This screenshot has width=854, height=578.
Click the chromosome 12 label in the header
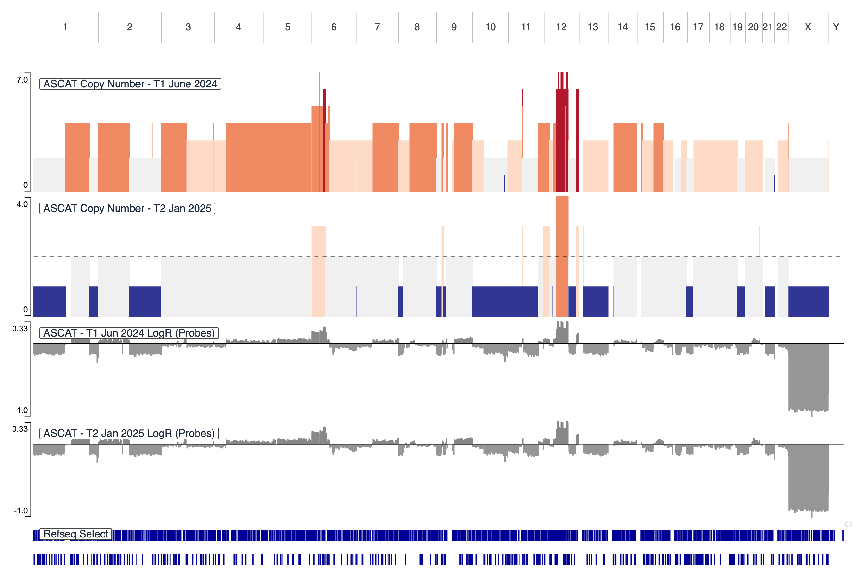pos(561,27)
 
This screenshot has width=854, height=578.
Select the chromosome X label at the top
pos(807,27)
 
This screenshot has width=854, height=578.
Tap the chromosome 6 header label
pos(334,27)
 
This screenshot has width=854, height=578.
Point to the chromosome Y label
pos(836,27)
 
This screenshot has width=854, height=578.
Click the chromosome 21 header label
pos(767,27)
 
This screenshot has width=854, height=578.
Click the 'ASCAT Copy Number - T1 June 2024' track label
pos(130,84)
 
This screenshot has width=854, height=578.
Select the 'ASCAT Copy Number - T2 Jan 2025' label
pos(127,208)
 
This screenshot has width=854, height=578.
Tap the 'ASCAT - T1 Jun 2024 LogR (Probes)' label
pos(129,333)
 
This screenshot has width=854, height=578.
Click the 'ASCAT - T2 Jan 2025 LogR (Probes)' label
pos(129,433)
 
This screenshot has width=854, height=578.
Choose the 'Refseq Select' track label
pos(76,534)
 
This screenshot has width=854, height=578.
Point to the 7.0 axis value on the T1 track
pos(22,80)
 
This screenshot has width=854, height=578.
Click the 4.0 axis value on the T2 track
pos(22,204)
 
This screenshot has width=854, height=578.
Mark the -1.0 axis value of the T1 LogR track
pos(21,410)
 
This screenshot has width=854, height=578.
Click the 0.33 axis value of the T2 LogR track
pos(20,429)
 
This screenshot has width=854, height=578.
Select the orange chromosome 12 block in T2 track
pos(562,257)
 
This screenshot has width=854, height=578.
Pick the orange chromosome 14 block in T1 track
pos(625,158)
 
